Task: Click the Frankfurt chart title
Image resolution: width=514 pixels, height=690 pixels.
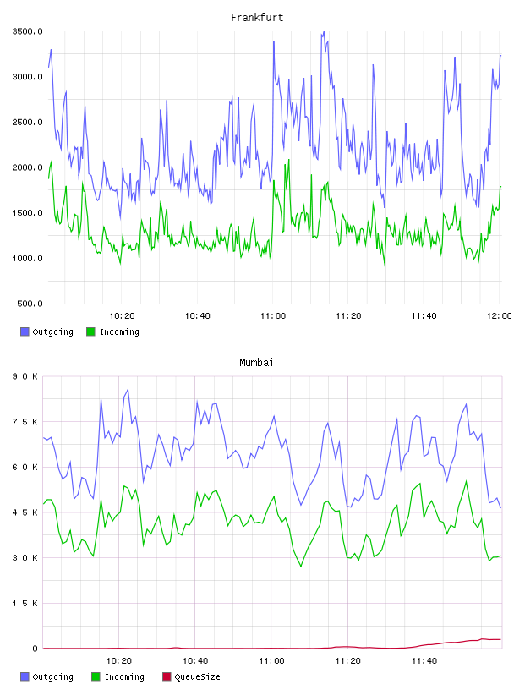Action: point(257,18)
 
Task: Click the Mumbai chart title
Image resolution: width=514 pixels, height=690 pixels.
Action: point(256,363)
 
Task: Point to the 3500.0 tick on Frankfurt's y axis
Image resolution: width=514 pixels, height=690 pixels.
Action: point(27,31)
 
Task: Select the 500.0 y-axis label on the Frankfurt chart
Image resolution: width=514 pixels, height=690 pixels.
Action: point(30,304)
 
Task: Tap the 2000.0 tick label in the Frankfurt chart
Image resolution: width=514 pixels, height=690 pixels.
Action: point(27,167)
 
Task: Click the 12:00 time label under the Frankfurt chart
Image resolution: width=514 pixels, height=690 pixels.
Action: point(499,316)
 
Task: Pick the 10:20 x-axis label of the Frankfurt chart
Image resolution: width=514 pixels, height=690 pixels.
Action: point(122,316)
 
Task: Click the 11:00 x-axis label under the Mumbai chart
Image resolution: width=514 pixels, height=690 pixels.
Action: point(271,661)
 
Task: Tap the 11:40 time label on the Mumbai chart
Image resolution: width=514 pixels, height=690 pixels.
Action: point(424,661)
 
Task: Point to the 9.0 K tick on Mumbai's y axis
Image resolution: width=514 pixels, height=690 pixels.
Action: point(25,376)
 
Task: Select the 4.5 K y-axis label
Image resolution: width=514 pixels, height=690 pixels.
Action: point(25,512)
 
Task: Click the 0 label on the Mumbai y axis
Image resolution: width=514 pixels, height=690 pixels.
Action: point(35,649)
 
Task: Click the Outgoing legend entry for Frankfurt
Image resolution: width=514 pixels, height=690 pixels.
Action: point(46,331)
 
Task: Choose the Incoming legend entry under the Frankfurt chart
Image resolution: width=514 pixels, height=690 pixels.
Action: point(112,331)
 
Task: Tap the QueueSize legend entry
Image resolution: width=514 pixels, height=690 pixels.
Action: point(191,676)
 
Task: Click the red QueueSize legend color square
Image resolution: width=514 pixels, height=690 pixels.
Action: point(167,676)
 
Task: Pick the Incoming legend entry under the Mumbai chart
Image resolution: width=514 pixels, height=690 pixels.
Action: point(118,676)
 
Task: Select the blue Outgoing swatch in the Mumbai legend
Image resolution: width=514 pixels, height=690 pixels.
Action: point(25,676)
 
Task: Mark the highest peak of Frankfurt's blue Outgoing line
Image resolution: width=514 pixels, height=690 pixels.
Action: point(324,31)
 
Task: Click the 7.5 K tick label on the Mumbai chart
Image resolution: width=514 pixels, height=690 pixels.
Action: point(25,422)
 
